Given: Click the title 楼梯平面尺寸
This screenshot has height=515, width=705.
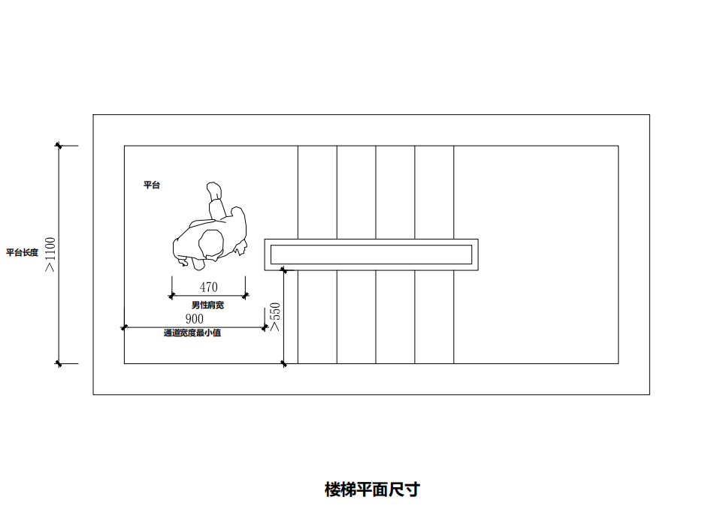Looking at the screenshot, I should pos(372,490).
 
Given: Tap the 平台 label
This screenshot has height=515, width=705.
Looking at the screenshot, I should pos(152,185).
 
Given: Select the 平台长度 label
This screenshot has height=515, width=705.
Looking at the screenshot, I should pos(22,253).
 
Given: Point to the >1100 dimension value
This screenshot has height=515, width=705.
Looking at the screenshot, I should pos(50,254).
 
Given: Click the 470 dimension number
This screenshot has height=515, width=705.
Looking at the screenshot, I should pos(209,287).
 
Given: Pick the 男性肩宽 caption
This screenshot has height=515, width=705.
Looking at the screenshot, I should pos(207,306).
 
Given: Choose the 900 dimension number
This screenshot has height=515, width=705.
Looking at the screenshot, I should pos(194,319).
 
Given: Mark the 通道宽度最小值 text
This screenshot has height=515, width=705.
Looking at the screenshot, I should pos(192,333).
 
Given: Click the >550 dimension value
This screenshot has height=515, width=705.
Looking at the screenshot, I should pos(275,317).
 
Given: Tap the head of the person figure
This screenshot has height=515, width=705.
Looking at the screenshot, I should pos(210,243).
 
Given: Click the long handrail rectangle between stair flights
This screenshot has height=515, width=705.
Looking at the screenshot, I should pos(371,254).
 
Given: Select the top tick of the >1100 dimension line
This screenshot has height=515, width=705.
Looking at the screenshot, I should pos(59,145).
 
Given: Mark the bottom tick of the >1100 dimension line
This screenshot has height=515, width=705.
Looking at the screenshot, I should pos(59,364).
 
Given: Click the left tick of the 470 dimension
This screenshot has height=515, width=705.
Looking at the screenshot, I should pos(172,296).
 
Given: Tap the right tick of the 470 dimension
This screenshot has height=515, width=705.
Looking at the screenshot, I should pos(246,296).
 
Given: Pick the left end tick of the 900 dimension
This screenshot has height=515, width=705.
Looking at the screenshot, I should pos(125,327).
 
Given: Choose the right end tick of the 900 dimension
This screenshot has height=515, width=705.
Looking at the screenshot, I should pos(265,327).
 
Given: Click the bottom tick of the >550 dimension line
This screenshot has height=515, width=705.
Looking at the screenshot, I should pos(283,364).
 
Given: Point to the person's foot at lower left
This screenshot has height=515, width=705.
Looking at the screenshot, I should pos(183,262).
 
